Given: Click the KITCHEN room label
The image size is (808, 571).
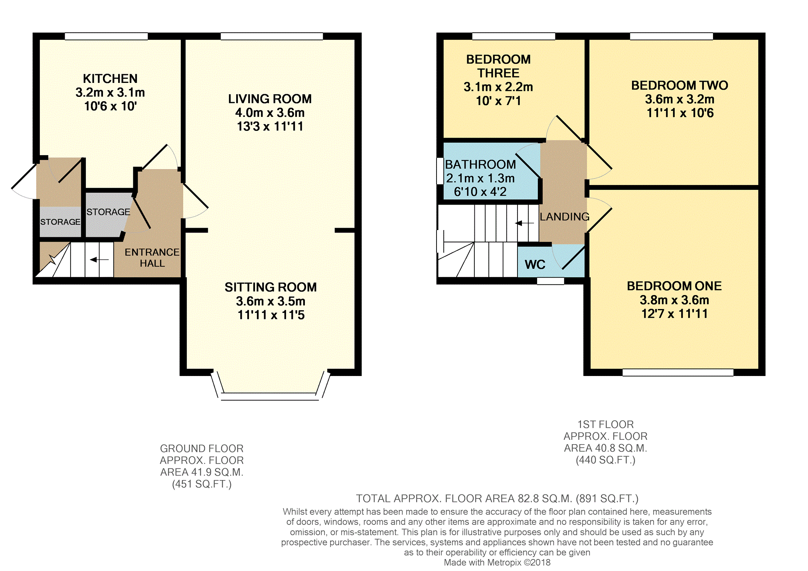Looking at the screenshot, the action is [x=110, y=79].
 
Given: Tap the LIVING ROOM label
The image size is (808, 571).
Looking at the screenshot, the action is [x=270, y=99].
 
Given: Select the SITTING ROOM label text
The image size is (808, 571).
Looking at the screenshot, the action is [x=271, y=287].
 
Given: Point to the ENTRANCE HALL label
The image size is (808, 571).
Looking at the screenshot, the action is [x=152, y=258].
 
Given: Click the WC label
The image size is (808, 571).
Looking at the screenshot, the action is [x=535, y=264].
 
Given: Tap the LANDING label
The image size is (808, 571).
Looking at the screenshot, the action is [x=565, y=217].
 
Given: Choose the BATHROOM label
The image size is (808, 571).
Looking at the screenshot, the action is [x=480, y=164].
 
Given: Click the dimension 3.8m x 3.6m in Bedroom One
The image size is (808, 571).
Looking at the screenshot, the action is [x=674, y=300].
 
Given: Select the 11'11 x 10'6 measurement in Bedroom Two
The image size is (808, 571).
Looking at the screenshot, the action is [x=680, y=113].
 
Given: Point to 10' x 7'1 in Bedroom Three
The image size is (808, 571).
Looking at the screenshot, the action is [x=498, y=101].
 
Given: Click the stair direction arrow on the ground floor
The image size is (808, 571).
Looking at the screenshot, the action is [x=99, y=260].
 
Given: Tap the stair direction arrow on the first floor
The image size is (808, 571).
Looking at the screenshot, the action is [x=524, y=223].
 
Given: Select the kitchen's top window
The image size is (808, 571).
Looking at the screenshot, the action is [x=106, y=36].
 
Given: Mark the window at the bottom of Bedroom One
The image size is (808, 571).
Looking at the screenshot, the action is [x=678, y=372].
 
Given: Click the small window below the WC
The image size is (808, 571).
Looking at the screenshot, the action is [x=551, y=281].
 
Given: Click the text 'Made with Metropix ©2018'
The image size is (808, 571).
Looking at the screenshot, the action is [x=497, y=563].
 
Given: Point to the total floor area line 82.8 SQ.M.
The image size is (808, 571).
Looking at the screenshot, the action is [x=497, y=498].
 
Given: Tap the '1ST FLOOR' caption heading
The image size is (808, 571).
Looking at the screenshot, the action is [x=605, y=424].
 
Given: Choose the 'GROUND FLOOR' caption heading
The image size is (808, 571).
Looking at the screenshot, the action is [x=202, y=449].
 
